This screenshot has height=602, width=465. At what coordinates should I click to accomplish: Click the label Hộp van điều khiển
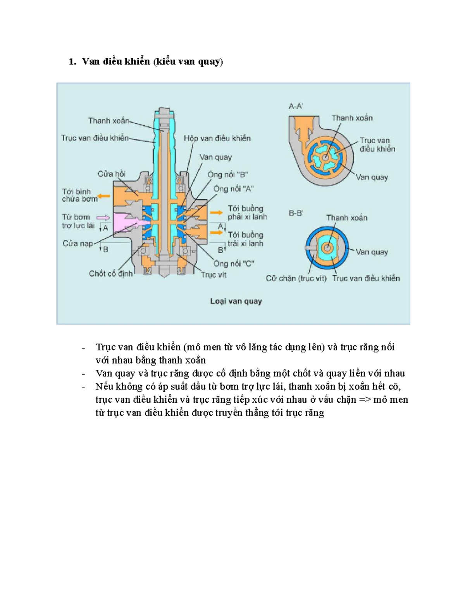tap(217, 138)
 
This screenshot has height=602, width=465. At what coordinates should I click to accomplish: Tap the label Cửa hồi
tap(111, 174)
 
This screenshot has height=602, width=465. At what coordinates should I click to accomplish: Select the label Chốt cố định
tap(110, 274)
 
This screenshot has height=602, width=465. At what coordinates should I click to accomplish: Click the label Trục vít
tap(214, 275)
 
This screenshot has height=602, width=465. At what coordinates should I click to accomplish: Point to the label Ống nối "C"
tap(234, 264)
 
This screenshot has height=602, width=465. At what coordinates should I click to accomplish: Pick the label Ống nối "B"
tap(227, 174)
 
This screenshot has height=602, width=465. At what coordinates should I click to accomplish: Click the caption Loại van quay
tap(236, 301)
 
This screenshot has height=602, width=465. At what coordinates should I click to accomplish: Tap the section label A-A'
tap(296, 106)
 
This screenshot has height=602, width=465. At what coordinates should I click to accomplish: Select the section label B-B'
tap(296, 213)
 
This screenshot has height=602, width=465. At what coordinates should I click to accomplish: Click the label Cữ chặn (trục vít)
tap(296, 278)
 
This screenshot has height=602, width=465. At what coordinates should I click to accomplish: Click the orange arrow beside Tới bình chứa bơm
tap(103, 197)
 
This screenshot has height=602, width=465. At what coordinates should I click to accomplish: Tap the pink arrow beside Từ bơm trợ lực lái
tap(103, 217)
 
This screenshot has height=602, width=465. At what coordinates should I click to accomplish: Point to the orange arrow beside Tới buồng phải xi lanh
tap(216, 212)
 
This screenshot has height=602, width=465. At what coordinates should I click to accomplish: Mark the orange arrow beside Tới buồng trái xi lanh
tap(216, 233)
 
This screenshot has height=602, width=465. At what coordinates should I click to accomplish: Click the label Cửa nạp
tap(77, 243)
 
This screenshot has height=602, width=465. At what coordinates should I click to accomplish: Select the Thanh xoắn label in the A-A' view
tap(352, 118)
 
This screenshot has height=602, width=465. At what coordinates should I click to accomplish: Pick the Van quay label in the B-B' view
tap(372, 252)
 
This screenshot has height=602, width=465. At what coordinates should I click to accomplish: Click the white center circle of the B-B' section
tap(327, 247)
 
